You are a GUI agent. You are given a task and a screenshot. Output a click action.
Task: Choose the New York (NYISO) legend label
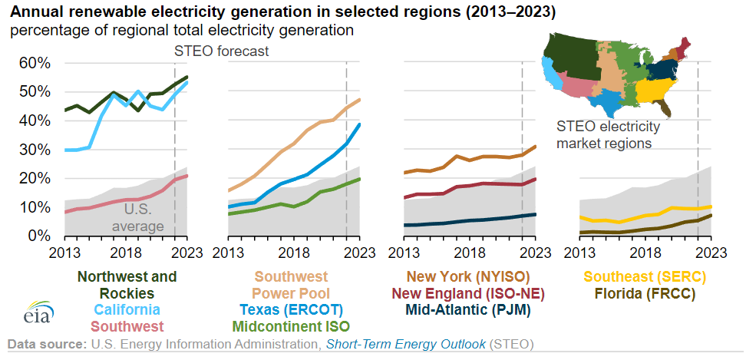(x=467, y=276)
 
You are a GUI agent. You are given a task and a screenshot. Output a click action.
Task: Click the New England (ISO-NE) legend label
(x=467, y=293)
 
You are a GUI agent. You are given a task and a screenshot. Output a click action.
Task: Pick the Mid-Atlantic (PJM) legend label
(x=467, y=309)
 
